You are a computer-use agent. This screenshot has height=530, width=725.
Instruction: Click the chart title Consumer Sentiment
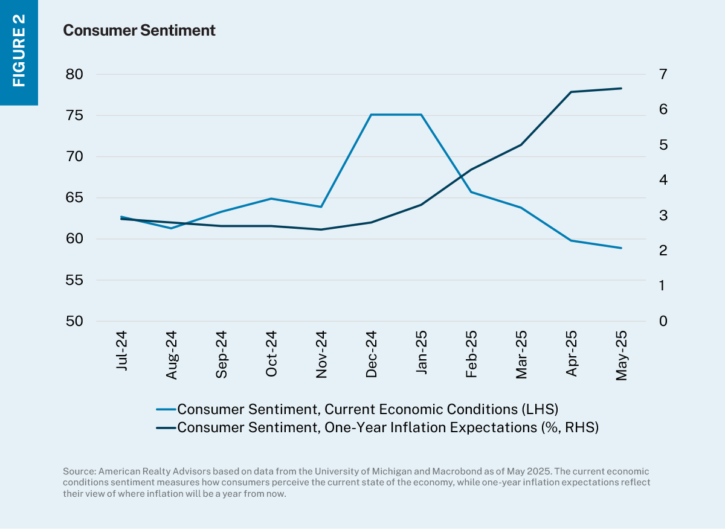tap(139, 30)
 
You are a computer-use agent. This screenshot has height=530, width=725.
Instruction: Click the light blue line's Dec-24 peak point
tap(371, 115)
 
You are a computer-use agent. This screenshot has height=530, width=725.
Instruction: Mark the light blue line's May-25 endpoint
tap(621, 248)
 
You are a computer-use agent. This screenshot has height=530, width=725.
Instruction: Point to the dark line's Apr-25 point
tap(571, 92)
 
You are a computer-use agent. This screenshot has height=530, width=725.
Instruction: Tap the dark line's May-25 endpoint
tap(621, 88)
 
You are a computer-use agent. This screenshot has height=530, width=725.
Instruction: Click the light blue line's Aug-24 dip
tap(172, 228)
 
